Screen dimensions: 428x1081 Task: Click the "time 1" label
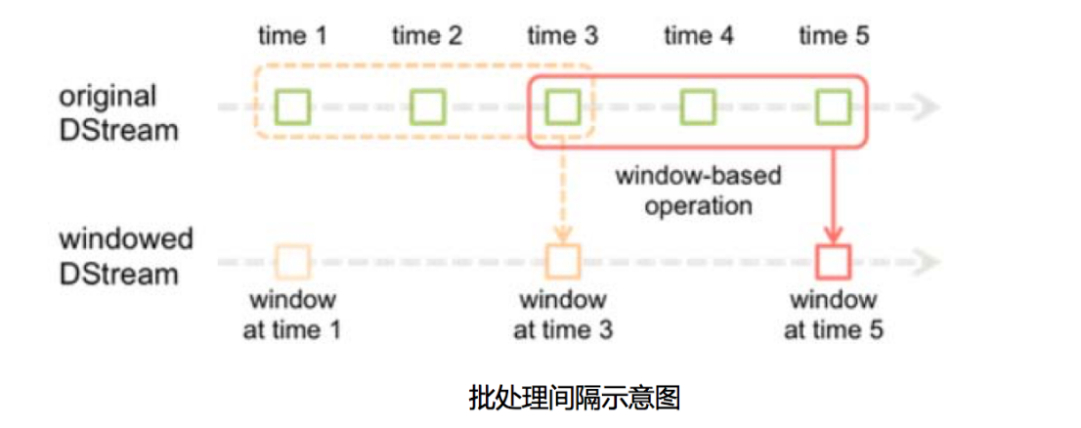coord(292,37)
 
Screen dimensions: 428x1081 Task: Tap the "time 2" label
coord(427,37)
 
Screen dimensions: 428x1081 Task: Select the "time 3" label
coord(562,37)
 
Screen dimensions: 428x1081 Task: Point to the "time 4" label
coord(698,37)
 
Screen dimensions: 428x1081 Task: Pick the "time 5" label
coord(833,37)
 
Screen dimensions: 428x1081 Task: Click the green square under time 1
coord(292,107)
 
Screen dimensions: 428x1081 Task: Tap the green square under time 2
coord(427,107)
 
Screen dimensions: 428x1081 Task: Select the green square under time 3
coord(562,107)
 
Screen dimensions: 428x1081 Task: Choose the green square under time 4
coord(698,107)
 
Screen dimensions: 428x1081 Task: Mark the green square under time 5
coord(833,107)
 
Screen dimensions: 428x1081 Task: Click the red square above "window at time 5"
coord(833,262)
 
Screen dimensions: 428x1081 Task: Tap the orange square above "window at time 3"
coord(562,262)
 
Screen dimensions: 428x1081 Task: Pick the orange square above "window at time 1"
coord(292,262)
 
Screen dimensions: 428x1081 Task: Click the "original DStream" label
coord(118,111)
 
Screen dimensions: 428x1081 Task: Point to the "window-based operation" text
coord(698,191)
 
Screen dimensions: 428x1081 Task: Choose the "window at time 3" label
coord(562,314)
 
